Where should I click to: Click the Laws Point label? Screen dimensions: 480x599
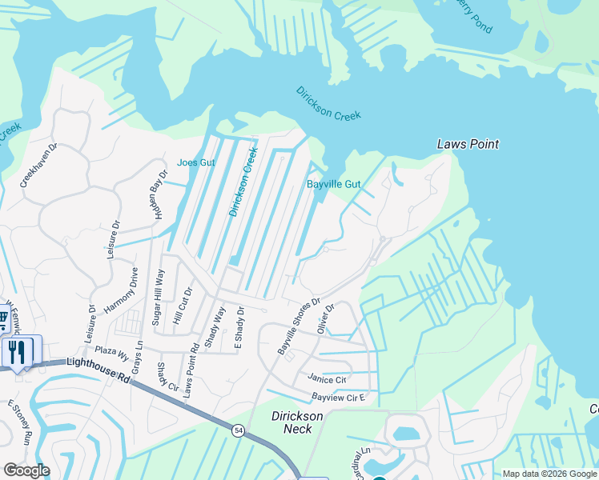pyautogui.click(x=468, y=144)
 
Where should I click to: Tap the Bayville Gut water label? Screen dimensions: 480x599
pyautogui.click(x=334, y=184)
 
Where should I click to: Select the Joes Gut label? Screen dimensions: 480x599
pyautogui.click(x=196, y=162)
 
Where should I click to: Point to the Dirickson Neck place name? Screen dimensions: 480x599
pyautogui.click(x=297, y=422)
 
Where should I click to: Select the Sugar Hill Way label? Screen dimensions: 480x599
pyautogui.click(x=158, y=297)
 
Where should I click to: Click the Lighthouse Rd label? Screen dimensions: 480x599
pyautogui.click(x=99, y=366)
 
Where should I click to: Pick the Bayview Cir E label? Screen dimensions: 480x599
pyautogui.click(x=338, y=397)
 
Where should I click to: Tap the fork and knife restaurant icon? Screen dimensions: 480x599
pyautogui.click(x=18, y=351)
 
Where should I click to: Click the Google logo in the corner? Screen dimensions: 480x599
pyautogui.click(x=26, y=470)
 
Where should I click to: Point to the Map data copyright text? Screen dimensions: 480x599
pyautogui.click(x=549, y=474)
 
